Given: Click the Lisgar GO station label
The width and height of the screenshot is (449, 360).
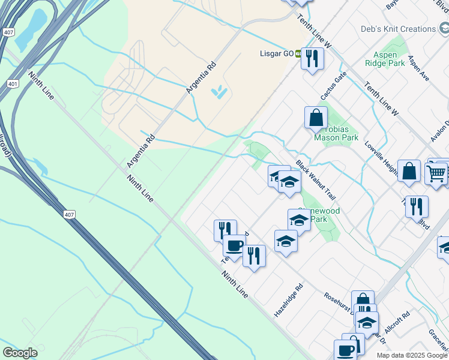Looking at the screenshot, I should [x=276, y=53].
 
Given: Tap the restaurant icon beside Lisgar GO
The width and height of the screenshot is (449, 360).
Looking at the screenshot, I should [x=312, y=59].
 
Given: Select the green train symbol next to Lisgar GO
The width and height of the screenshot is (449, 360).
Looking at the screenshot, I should [x=298, y=53].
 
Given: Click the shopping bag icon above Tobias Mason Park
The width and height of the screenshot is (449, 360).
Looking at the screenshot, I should [x=316, y=118].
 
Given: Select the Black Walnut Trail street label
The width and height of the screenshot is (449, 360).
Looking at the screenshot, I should [x=315, y=180].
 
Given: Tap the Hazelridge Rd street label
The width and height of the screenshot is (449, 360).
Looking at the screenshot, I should [x=289, y=293].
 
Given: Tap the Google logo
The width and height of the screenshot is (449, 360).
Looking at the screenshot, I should [x=20, y=353].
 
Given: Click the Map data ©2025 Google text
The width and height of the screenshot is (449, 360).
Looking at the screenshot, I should [x=412, y=355].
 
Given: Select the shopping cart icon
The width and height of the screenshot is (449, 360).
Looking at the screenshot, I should [x=436, y=173].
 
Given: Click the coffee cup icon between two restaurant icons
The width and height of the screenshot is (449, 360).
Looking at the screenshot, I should [x=234, y=245].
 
